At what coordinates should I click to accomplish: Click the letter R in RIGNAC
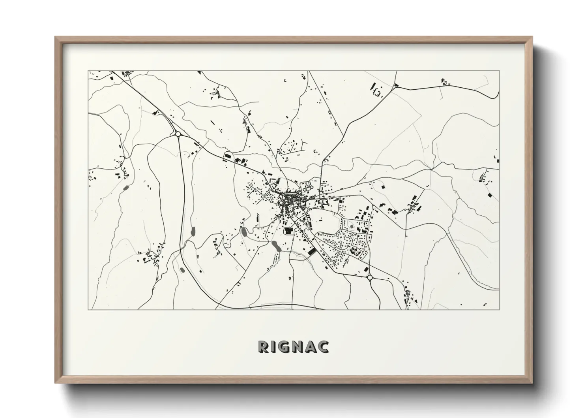[x=264, y=346]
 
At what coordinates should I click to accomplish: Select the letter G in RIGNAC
[x=286, y=346]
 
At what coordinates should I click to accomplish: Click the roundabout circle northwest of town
[x=178, y=134]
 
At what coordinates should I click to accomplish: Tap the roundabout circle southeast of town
[x=370, y=278]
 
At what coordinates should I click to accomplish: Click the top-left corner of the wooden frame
[x=56, y=37]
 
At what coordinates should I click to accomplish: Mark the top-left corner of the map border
[x=88, y=71]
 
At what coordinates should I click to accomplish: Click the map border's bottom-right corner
[x=499, y=309]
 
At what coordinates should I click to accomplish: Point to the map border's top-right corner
[x=499, y=71]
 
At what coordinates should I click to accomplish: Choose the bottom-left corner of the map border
[x=88, y=309]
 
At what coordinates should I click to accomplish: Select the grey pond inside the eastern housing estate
[x=351, y=226]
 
